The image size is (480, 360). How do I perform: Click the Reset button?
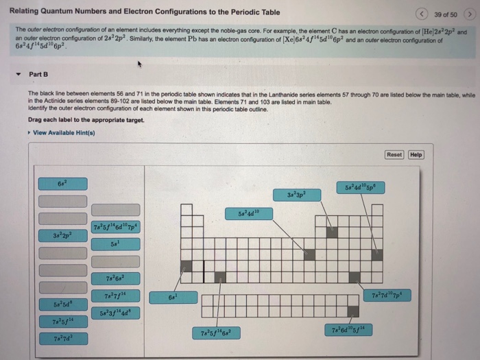pyautogui.click(x=394, y=154)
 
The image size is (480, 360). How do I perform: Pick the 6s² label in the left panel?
pyautogui.click(x=62, y=184)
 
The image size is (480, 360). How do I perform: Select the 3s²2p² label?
pyautogui.click(x=62, y=237)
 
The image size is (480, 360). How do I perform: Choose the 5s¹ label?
pyautogui.click(x=115, y=244)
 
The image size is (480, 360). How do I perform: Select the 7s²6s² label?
pyautogui.click(x=115, y=278)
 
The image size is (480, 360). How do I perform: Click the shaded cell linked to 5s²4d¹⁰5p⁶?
pyautogui.click(x=377, y=255)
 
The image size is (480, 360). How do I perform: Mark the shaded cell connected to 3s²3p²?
pyautogui.click(x=333, y=232)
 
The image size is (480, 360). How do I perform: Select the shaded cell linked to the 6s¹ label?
pyautogui.click(x=186, y=265)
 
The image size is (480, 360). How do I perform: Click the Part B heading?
pyautogui.click(x=38, y=74)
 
